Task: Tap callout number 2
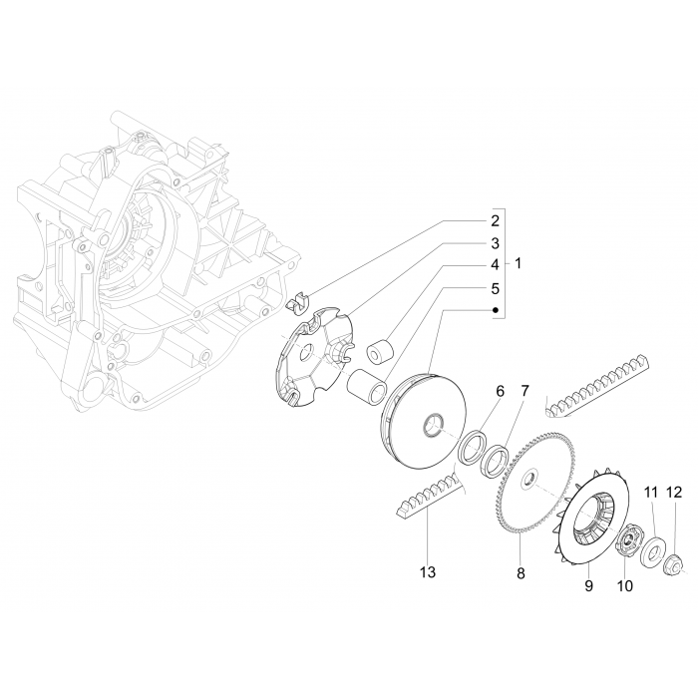tap(494, 219)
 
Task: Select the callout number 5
tap(494, 288)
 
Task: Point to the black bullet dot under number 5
tap(494, 310)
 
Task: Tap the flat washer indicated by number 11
tap(655, 548)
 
